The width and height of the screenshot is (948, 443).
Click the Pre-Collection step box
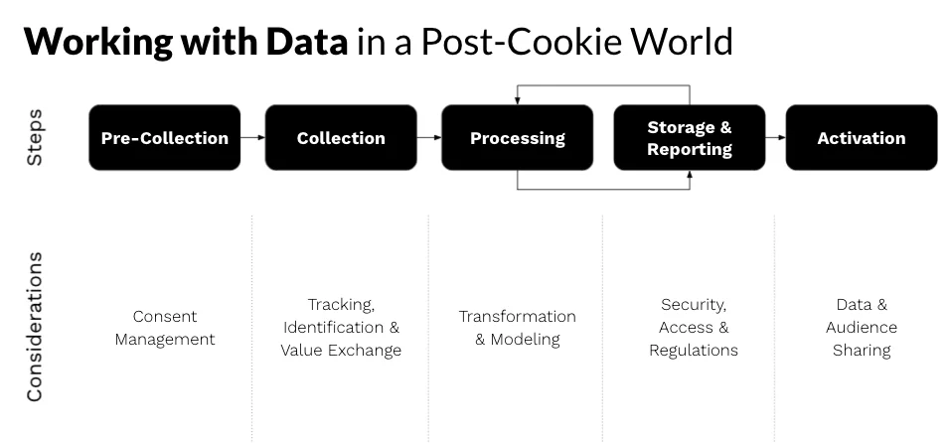click(x=165, y=138)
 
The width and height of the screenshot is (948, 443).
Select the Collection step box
click(x=341, y=138)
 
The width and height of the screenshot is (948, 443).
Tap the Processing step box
click(x=517, y=138)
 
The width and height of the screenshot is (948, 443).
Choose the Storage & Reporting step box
click(x=690, y=138)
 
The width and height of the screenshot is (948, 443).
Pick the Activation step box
click(x=861, y=138)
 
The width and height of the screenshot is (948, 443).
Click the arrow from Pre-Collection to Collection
click(x=252, y=138)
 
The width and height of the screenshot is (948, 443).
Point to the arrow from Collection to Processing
click(x=428, y=138)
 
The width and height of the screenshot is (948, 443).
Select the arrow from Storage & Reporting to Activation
click(x=775, y=138)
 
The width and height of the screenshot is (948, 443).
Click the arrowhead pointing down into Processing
click(x=517, y=100)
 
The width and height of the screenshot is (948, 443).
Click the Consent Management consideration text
click(x=165, y=328)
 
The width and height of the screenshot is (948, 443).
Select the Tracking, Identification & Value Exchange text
click(x=341, y=328)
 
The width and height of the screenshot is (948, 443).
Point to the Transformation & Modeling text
click(x=517, y=328)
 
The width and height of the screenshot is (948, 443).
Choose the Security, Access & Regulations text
click(x=693, y=328)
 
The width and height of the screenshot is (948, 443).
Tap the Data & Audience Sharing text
click(x=861, y=328)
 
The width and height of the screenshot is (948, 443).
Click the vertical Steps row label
click(x=34, y=138)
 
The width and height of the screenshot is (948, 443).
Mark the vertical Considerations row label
click(x=34, y=327)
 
